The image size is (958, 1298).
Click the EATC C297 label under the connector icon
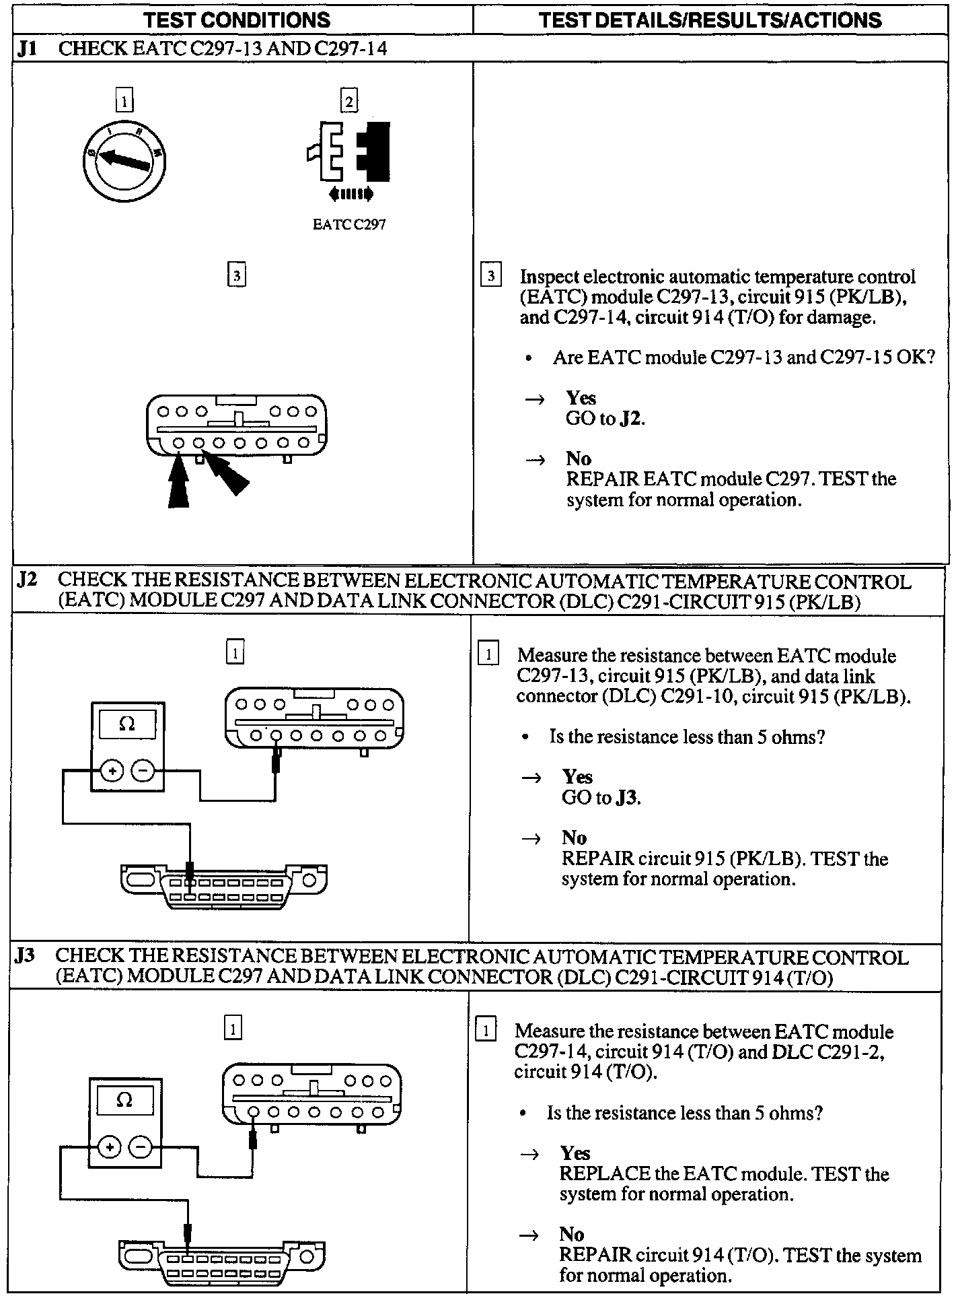coord(349,225)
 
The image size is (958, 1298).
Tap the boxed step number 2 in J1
coord(348,101)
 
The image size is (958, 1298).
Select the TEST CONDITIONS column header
coord(237,20)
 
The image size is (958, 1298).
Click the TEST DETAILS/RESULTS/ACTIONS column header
coord(710,20)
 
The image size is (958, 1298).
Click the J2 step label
coord(27,580)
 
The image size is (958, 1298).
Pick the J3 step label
coord(25,955)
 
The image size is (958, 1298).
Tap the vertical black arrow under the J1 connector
coord(178,483)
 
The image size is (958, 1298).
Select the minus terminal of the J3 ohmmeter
coord(140,1147)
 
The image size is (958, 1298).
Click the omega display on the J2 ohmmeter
coord(126,725)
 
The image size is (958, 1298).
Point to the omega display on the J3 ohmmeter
coord(124,1101)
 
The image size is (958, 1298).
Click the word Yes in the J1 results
coord(581,398)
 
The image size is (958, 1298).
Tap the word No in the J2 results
coord(575,838)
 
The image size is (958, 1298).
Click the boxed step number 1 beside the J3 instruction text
coord(486,1031)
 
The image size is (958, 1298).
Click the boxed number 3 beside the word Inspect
coord(491,276)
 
